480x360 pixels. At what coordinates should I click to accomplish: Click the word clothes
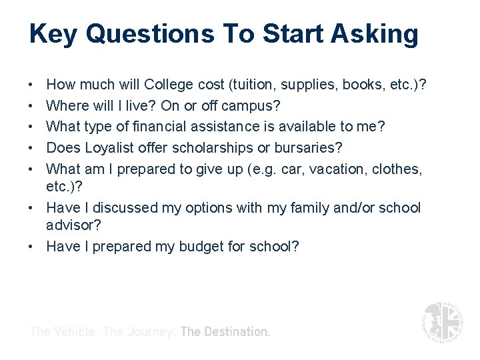point(398,169)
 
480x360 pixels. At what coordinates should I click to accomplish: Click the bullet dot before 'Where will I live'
point(32,106)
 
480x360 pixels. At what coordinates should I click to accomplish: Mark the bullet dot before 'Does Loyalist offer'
point(32,148)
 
